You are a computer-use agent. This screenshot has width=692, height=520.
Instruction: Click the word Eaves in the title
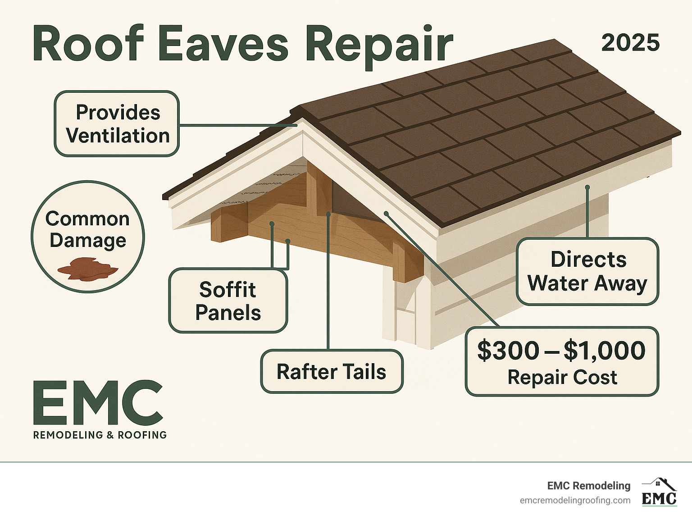coord(223,44)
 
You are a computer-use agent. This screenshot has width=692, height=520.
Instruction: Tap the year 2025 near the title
coord(631,43)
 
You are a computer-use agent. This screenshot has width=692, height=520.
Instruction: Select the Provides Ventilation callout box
coord(117,123)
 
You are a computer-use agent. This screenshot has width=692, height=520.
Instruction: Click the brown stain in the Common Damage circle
coord(88,269)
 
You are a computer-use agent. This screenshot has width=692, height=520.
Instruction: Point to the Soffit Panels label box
coord(228,301)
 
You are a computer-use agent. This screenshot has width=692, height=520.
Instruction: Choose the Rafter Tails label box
coord(332,371)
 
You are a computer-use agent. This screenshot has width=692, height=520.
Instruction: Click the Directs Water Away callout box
coord(587,272)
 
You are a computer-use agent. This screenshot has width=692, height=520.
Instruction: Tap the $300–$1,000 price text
coord(561,351)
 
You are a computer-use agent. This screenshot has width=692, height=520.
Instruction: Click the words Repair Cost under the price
coord(562,377)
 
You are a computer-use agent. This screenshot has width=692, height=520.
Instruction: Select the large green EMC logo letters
coord(98,403)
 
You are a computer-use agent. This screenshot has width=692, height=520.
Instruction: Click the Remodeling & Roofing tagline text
coord(100,435)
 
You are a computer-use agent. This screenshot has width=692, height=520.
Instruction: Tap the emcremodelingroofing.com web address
coord(575,501)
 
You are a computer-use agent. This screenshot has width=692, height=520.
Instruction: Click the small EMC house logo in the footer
coord(659,492)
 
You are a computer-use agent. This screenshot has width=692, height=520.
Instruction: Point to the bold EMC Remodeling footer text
coord(588,486)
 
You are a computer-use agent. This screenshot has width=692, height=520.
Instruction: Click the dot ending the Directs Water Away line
coord(587,187)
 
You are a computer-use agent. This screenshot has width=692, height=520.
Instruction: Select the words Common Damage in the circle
coord(88,229)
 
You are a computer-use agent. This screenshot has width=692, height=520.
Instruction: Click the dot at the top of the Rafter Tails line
coord(328,214)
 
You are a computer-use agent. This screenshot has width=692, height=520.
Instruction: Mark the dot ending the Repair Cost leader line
coord(386,214)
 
